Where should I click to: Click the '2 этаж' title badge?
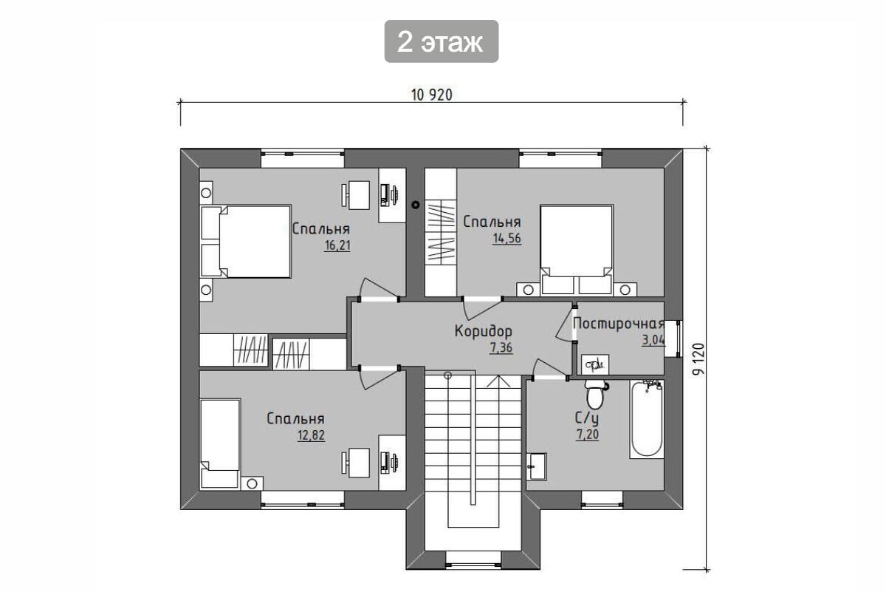coord(441,41)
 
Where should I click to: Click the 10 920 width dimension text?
coord(431,95)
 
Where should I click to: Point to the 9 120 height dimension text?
coord(699,358)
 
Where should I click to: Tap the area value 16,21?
coord(337,245)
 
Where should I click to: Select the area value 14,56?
coord(506,239)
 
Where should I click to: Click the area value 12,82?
coord(311,435)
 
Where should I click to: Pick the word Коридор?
coord(484,331)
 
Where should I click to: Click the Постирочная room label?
coord(619,324)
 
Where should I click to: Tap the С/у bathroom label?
coord(586,418)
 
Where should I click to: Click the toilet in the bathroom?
coord(594,394)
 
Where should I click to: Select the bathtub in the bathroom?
coord(647,419)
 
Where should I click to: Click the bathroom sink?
coord(536,466)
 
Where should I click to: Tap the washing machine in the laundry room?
coord(595,364)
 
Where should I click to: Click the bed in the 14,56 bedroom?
coord(577,250)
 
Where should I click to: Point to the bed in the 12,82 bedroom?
coord(220,444)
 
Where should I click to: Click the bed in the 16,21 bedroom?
coord(246,241)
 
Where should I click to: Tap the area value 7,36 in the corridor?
coord(501,347)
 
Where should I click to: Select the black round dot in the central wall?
coord(415,205)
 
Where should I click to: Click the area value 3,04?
coord(653,340)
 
